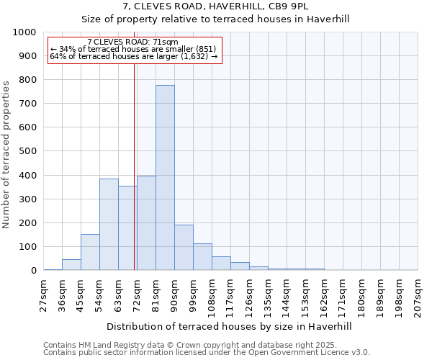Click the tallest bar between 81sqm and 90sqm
click(165, 178)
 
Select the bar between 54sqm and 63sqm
click(109, 225)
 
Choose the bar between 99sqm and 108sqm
click(202, 257)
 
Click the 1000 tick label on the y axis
click(24, 32)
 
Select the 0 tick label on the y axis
click(33, 271)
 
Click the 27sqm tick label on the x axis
click(44, 293)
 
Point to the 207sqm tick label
click(418, 295)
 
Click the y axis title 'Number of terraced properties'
click(6, 155)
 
